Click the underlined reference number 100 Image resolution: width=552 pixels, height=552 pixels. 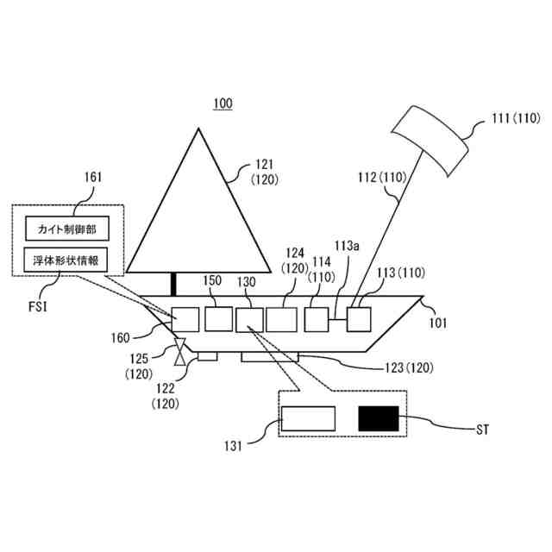[223, 104]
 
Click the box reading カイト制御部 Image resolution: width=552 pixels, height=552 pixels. [67, 229]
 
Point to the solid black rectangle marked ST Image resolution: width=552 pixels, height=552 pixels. [379, 419]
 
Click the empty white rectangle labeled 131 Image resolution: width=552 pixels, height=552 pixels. [308, 419]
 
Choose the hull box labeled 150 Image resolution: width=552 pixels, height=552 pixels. [218, 318]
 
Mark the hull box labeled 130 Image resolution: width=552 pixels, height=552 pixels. [248, 318]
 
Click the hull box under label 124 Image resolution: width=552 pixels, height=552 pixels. [281, 318]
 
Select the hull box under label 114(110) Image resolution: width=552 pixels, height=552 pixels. [317, 318]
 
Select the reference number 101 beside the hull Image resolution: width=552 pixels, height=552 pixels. [439, 323]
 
